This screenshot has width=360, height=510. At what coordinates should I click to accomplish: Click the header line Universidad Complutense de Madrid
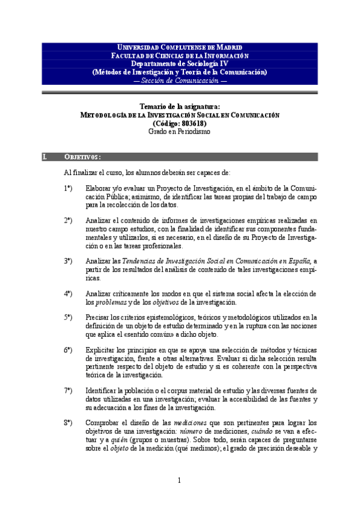click(x=180, y=47)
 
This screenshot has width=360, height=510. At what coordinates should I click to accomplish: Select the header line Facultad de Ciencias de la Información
click(x=180, y=55)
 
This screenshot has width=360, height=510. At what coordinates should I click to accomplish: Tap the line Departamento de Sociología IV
click(x=180, y=64)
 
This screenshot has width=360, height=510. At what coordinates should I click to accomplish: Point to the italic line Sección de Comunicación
click(x=180, y=80)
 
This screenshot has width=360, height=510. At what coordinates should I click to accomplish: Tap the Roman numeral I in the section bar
click(x=44, y=157)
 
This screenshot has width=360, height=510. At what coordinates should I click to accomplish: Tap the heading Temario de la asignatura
click(x=180, y=106)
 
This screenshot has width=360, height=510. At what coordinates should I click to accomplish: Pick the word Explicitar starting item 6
click(x=102, y=349)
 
